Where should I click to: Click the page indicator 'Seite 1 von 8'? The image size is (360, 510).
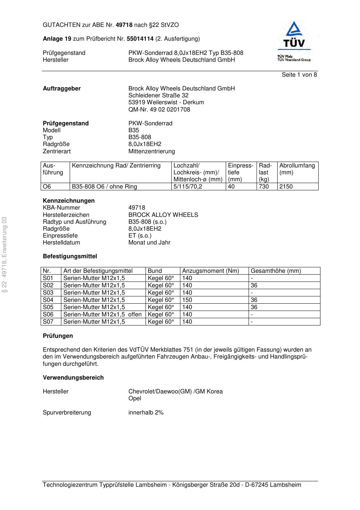pos(299,75)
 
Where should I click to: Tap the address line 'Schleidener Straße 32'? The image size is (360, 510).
pos(158,96)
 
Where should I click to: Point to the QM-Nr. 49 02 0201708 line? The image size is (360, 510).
pos(159,109)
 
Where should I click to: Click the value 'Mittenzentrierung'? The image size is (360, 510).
pos(151,151)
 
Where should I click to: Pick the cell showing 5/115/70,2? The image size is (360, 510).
pos(188,187)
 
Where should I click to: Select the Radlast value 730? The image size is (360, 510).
pos(264,187)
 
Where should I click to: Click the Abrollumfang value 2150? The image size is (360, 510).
pos(286,187)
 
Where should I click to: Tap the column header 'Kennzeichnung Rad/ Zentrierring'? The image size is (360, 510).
pos(116,166)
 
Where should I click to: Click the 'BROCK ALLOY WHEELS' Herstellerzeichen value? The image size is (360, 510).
pos(163,215)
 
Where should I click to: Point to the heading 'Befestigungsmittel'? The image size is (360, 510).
pos(70,256)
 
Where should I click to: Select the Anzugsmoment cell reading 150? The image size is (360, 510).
pos(187,300)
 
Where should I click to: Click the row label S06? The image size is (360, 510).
pos(48,315)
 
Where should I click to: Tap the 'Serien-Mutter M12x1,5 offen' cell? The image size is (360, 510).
pos(102,315)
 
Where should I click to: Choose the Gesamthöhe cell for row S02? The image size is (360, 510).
pos(254,286)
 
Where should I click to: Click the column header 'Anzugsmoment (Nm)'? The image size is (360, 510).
pos(210,271)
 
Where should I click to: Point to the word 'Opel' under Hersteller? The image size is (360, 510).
pos(135,398)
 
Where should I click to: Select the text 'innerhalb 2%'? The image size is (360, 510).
pos(146,413)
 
